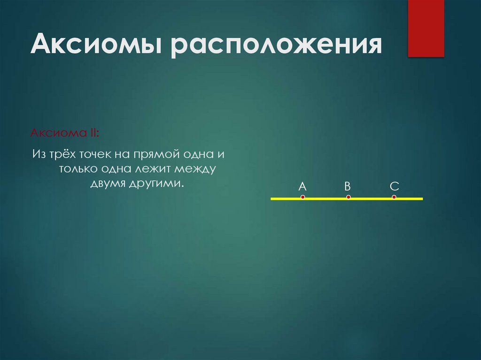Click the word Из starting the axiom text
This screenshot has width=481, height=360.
point(39,154)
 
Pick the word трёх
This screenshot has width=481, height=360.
point(63,154)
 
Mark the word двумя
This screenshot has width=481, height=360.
point(106,184)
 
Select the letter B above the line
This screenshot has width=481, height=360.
point(348,186)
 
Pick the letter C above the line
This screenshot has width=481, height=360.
point(394,186)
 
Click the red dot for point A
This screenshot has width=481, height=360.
point(303,197)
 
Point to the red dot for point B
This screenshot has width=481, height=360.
point(348,197)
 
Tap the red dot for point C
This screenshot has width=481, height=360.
point(394,197)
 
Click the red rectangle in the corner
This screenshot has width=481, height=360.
point(426,28)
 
